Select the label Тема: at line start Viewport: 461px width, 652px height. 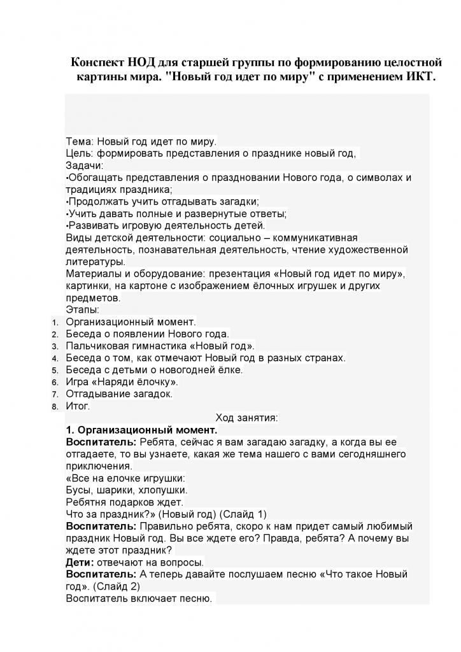pyautogui.click(x=80, y=141)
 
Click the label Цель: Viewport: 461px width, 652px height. pyautogui.click(x=80, y=153)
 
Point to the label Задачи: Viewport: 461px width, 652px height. pyautogui.click(x=84, y=166)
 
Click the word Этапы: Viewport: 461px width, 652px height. pyautogui.click(x=82, y=310)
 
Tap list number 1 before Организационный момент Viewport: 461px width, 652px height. pyautogui.click(x=55, y=323)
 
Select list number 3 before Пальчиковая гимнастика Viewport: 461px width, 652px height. pyautogui.click(x=55, y=347)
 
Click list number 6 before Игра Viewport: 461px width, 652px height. pyautogui.click(x=55, y=383)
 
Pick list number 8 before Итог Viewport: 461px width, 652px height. pyautogui.click(x=55, y=407)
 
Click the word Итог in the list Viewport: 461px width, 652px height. pyautogui.click(x=78, y=406)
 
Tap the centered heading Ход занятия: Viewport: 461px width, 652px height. pyautogui.click(x=246, y=418)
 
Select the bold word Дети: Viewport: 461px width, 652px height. pyautogui.click(x=80, y=562)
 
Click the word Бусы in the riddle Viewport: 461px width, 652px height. pyautogui.click(x=79, y=490)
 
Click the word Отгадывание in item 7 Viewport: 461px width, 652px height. pyautogui.click(x=100, y=394)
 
